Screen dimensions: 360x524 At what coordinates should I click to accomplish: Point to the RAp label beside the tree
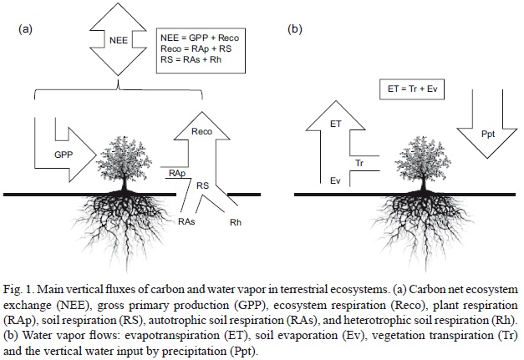(176, 174)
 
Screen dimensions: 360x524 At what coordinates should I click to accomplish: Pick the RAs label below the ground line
(186, 225)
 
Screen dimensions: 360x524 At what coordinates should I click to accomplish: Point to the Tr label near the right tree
(361, 161)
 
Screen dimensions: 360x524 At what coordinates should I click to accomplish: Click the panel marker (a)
(24, 29)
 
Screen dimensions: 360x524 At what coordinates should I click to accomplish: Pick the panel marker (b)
(294, 29)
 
